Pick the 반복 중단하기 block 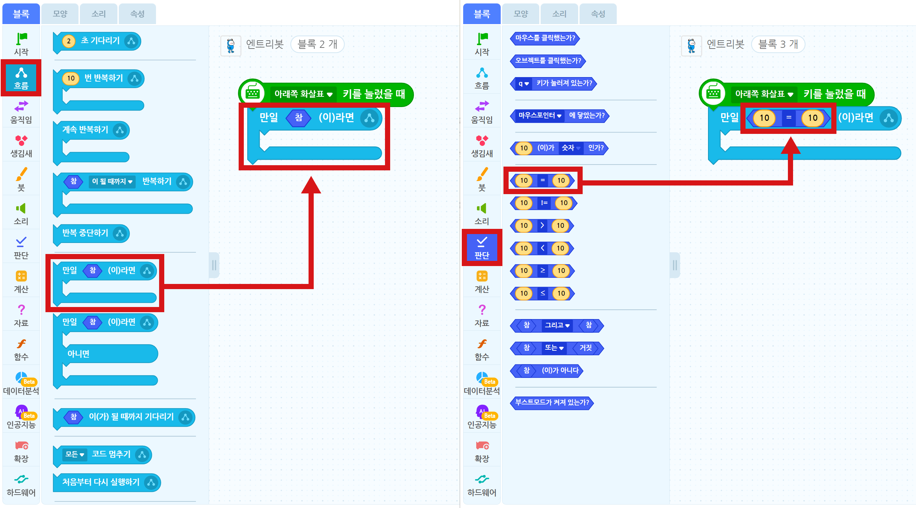[x=91, y=234]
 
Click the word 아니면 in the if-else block [x=79, y=354]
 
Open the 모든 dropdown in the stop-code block [x=75, y=454]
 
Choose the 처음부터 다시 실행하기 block [x=107, y=483]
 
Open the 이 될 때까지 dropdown [x=112, y=182]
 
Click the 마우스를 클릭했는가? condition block [x=545, y=39]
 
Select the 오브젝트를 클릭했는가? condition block [x=548, y=61]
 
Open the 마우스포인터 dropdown [x=540, y=116]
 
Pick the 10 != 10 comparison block [x=543, y=203]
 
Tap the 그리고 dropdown [x=557, y=325]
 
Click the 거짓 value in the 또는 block [x=586, y=348]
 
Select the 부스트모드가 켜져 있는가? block [x=552, y=403]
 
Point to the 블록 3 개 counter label [x=778, y=44]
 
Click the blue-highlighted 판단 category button [x=482, y=247]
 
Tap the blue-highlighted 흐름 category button [x=21, y=78]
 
